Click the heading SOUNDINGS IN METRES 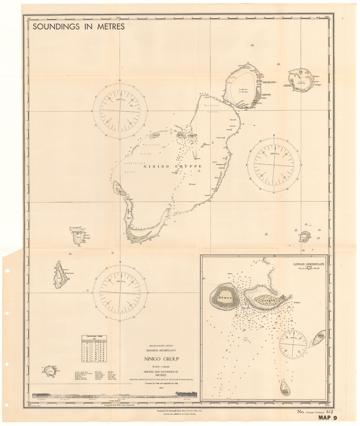tap(78, 26)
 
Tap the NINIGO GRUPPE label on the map tap(172, 167)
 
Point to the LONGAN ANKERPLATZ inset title tap(309, 263)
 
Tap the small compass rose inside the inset tap(293, 345)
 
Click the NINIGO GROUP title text tap(161, 359)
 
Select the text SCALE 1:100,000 tap(161, 367)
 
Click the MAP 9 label tap(327, 418)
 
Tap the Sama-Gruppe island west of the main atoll tap(78, 236)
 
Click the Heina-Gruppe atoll tap(301, 80)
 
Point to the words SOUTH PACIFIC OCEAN tap(161, 346)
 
